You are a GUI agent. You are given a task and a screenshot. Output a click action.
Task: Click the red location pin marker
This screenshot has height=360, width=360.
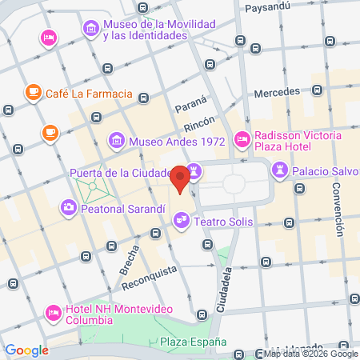(181, 178)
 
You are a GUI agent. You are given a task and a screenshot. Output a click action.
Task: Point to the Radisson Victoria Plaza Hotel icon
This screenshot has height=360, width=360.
(242, 140)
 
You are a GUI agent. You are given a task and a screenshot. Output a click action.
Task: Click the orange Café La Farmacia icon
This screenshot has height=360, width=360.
(33, 94)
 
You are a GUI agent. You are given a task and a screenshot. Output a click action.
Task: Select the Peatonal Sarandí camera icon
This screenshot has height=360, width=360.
(68, 208)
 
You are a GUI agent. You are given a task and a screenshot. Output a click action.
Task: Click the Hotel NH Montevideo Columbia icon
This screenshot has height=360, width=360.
(54, 310)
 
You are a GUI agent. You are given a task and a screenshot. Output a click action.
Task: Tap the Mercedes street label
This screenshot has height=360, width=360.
(276, 92)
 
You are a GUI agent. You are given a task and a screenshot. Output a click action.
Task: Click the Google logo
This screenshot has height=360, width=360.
(26, 350)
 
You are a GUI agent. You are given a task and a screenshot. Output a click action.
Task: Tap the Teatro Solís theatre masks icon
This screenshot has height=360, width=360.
(182, 218)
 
